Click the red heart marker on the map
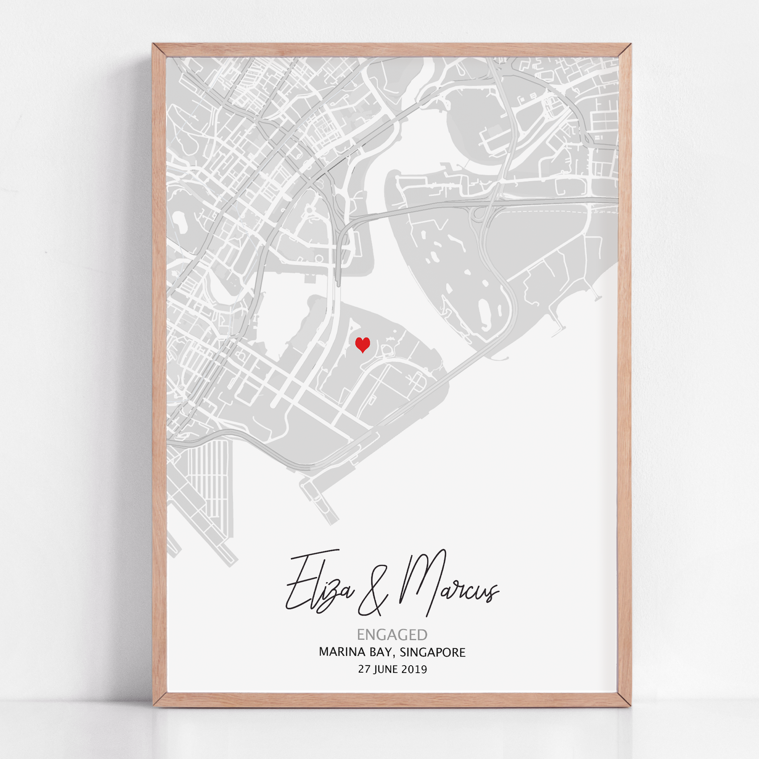pos(362,345)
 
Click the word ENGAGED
pos(392,634)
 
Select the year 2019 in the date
pos(414,669)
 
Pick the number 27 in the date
pos(364,669)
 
